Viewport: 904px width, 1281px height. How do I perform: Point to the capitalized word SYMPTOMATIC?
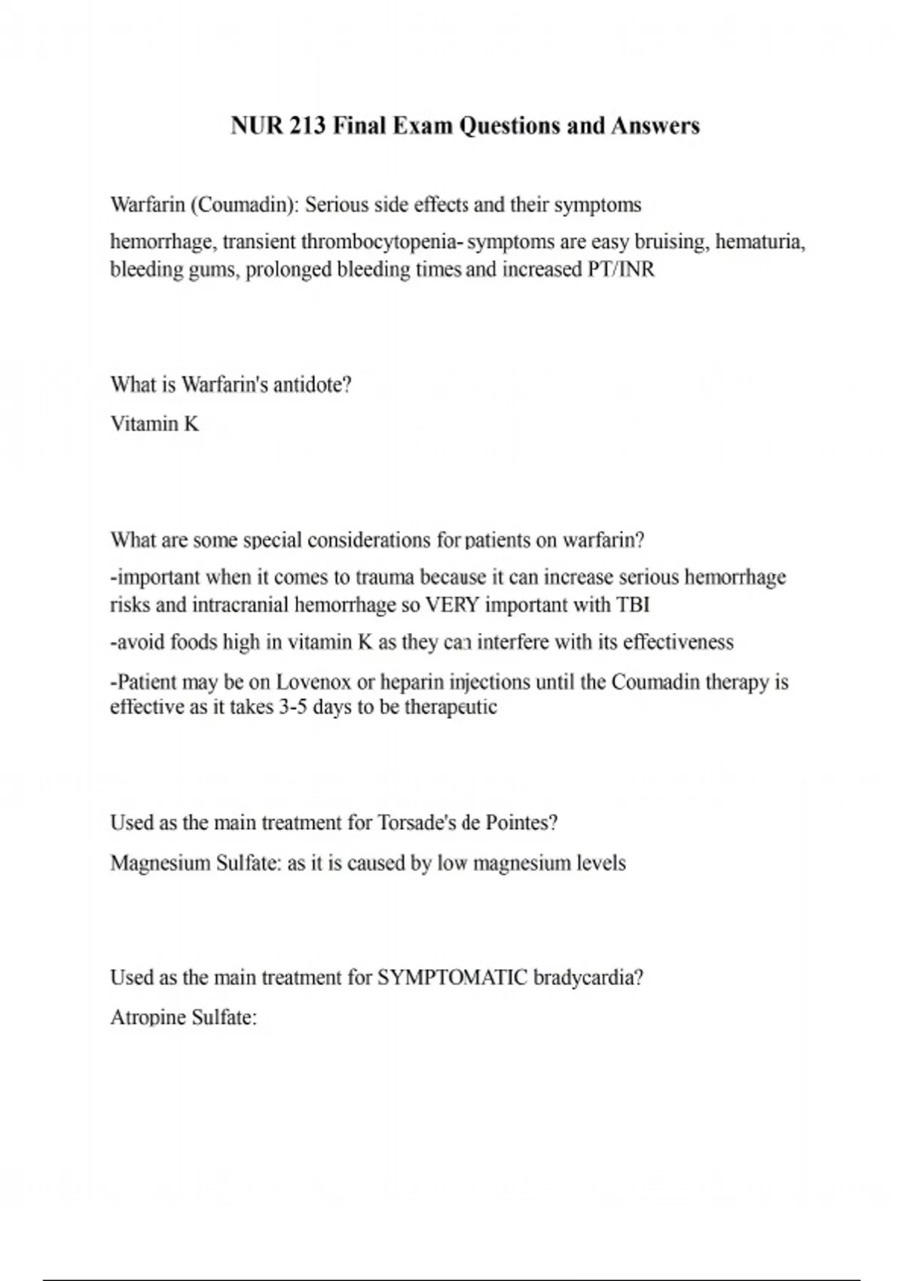(x=452, y=977)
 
